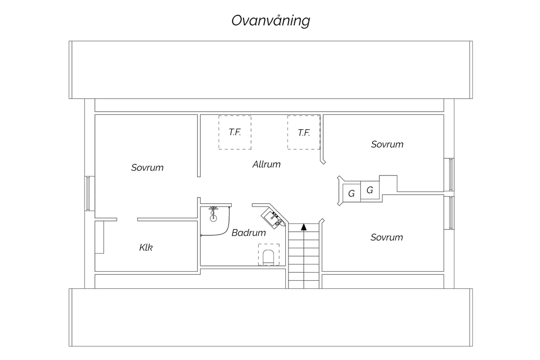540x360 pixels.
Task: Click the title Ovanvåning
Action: (271, 21)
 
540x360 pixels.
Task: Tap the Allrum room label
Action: (266, 164)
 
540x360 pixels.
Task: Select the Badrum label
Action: (248, 233)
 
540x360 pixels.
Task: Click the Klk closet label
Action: (146, 247)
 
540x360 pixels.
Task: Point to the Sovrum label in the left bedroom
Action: (147, 167)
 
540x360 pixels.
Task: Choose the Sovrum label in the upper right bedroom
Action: (387, 144)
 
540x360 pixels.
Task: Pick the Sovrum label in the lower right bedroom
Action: (387, 238)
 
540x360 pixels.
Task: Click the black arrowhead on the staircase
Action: (304, 227)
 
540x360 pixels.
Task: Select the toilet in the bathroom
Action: (268, 257)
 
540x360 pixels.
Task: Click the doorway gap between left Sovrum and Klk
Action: (127, 220)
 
